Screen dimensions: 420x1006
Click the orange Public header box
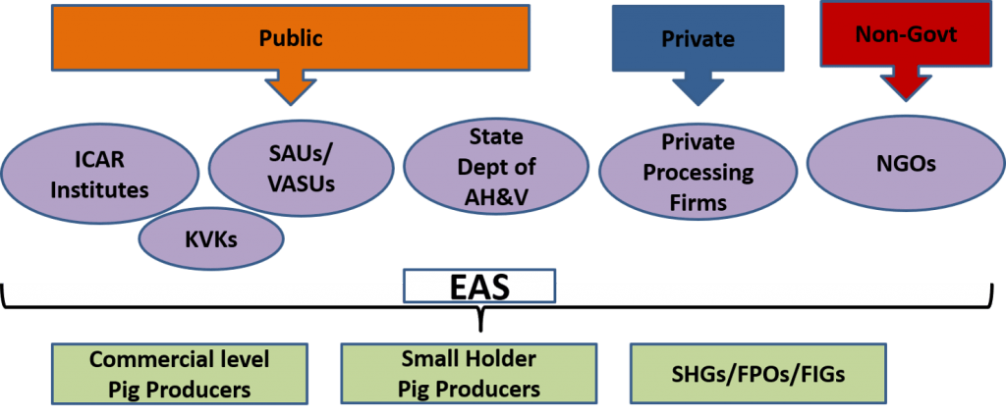pyautogui.click(x=291, y=40)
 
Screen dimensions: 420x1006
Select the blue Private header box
pyautogui.click(x=698, y=38)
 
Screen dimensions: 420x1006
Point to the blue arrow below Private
pyautogui.click(x=698, y=89)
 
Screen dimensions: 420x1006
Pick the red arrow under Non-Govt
pyautogui.click(x=906, y=85)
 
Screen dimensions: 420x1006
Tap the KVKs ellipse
pyautogui.click(x=210, y=239)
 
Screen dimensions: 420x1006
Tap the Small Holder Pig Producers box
pyautogui.click(x=469, y=373)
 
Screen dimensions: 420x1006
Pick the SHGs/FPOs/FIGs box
pyautogui.click(x=757, y=373)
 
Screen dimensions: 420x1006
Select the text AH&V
pyautogui.click(x=496, y=194)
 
